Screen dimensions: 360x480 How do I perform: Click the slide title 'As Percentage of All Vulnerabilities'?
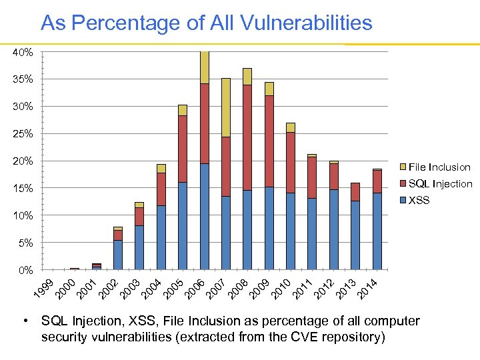pos(206,23)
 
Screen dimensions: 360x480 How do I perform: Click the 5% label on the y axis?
pos(25,243)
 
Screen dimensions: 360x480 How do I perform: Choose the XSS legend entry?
pos(419,200)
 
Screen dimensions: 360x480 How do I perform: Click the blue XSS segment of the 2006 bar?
pos(205,217)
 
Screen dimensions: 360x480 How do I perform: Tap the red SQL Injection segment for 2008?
pos(247,137)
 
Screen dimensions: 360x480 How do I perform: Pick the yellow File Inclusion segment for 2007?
pos(226,107)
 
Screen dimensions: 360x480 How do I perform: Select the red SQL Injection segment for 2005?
pos(183,149)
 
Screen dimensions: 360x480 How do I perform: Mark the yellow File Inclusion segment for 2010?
pos(291,127)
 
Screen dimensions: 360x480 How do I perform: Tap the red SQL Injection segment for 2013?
pos(355,192)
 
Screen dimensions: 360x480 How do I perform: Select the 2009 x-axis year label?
pos(261,288)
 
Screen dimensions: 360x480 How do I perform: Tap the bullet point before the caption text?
pos(25,321)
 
